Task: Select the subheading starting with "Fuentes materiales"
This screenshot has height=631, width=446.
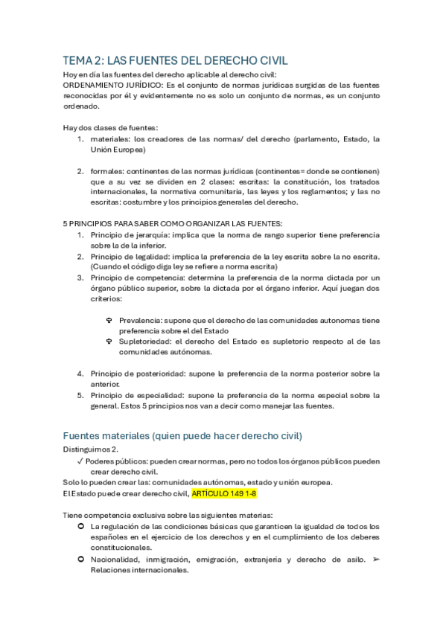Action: pos(172,435)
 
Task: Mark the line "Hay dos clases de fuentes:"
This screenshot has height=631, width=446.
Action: pos(110,127)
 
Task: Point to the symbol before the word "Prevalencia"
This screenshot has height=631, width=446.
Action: pos(109,320)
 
